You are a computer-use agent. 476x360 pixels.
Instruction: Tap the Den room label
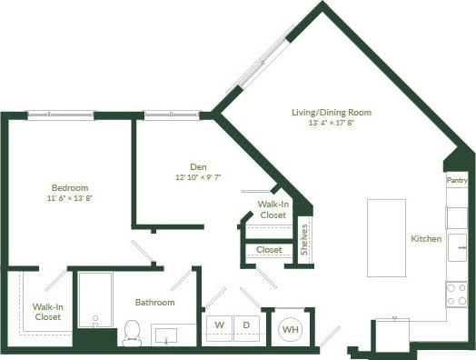pos(198,166)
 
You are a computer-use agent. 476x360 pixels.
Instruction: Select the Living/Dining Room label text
pos(332,113)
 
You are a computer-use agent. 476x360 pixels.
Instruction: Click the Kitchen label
pos(426,239)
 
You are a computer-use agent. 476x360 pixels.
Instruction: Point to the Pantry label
pos(457,181)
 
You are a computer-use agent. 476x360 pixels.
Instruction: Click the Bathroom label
pos(154,302)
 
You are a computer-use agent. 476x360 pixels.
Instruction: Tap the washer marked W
pos(219,325)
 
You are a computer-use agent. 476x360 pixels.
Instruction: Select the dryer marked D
pos(246,325)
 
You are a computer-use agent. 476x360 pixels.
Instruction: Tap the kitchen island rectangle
pos(380,237)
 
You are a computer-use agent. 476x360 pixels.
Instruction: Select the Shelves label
pos(305,238)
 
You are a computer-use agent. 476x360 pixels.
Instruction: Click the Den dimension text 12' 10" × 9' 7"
pos(198,177)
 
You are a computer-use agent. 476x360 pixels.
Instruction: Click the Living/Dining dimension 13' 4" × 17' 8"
pos(332,124)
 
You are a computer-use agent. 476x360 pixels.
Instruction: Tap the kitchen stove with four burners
pos(455,293)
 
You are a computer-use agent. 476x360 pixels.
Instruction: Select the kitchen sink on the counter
pos(456,242)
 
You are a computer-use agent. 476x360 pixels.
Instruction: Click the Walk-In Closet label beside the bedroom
pos(48,312)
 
